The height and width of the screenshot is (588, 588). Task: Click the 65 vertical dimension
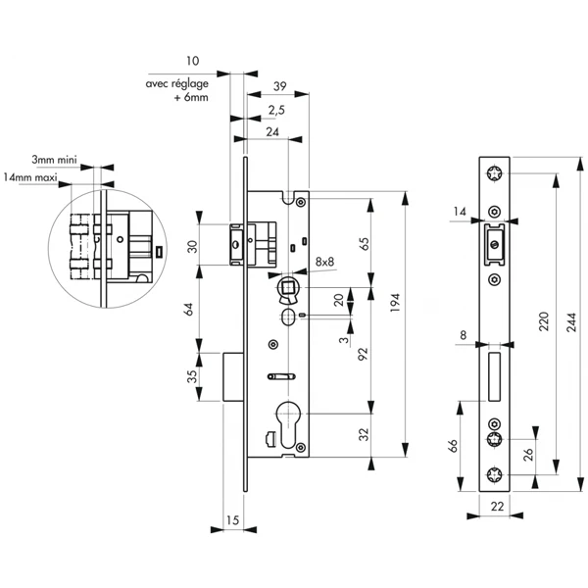point(364,244)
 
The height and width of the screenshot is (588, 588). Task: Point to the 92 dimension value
point(364,355)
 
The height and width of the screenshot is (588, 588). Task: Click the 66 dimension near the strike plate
point(454,446)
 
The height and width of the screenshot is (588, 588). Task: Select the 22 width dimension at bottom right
point(497,506)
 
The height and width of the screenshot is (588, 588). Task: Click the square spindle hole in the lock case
point(289,288)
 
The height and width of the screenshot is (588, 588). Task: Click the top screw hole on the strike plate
point(497,174)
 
